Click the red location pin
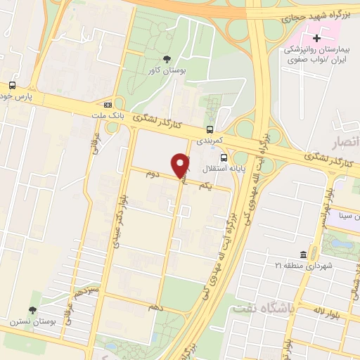click(181, 165)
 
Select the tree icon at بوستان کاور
click(167, 59)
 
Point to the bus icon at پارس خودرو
click(12, 85)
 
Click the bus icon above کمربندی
click(210, 129)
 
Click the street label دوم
click(153, 172)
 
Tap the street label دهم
click(156, 308)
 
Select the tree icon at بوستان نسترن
click(32, 310)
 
